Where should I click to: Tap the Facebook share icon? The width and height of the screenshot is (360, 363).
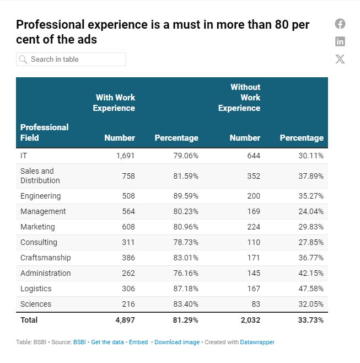tap(340, 24)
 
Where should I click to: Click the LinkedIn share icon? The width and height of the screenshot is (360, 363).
tap(340, 41)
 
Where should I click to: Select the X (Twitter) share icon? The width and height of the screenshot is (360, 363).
tap(340, 59)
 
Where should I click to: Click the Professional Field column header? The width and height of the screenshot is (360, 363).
tap(44, 132)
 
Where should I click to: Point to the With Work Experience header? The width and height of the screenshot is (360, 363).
tap(114, 103)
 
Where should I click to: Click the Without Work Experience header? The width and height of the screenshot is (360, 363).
tap(239, 98)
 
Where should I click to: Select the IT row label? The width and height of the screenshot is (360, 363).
tap(24, 156)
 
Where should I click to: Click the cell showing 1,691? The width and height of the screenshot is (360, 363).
tap(125, 156)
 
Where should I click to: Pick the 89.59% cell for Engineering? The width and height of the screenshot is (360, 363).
tap(184, 196)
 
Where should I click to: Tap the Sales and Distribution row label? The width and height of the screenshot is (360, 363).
tap(40, 176)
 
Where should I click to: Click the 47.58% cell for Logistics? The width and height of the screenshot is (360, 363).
tap(309, 289)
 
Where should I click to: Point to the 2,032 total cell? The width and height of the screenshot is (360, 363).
tap(249, 320)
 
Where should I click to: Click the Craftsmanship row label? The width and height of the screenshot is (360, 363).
tap(45, 258)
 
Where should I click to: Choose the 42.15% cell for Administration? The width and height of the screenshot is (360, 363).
tap(309, 273)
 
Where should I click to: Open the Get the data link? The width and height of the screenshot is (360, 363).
tap(108, 342)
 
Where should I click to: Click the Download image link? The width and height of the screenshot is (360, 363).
tap(177, 342)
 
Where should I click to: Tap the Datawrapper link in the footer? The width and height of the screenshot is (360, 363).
tap(257, 342)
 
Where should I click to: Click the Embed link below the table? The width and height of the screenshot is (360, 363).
tap(138, 342)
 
